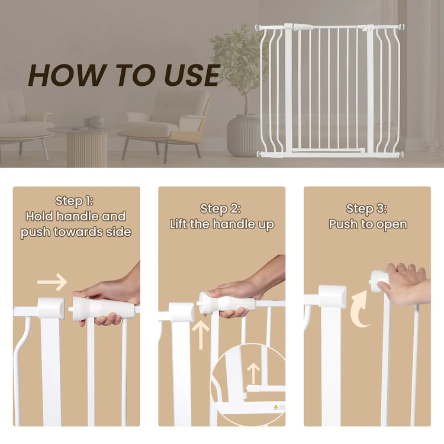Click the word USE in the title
[192, 75]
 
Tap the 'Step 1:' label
[75, 201]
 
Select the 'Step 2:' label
[220, 209]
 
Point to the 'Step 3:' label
[366, 209]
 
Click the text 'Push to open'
[368, 224]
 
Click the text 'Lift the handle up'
[222, 224]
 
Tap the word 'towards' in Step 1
[78, 232]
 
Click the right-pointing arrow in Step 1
[52, 282]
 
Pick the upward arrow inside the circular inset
[253, 374]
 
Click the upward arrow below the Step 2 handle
[201, 334]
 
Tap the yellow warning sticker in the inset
[276, 407]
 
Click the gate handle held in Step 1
[103, 308]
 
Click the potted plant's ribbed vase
[242, 136]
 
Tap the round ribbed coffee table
[86, 146]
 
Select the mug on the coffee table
[96, 122]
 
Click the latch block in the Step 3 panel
[332, 296]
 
